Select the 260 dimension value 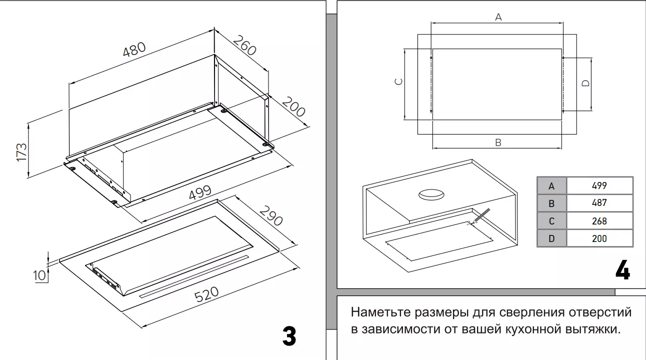244,45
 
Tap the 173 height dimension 21,151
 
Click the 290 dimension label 270,214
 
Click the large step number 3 289,336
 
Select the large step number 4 622,270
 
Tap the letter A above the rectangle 498,17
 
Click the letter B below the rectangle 498,143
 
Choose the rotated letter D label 586,83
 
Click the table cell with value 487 599,203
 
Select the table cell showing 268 599,220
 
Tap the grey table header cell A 551,186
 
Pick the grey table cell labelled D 551,238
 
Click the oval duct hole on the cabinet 431,194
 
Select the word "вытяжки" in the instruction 596,330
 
